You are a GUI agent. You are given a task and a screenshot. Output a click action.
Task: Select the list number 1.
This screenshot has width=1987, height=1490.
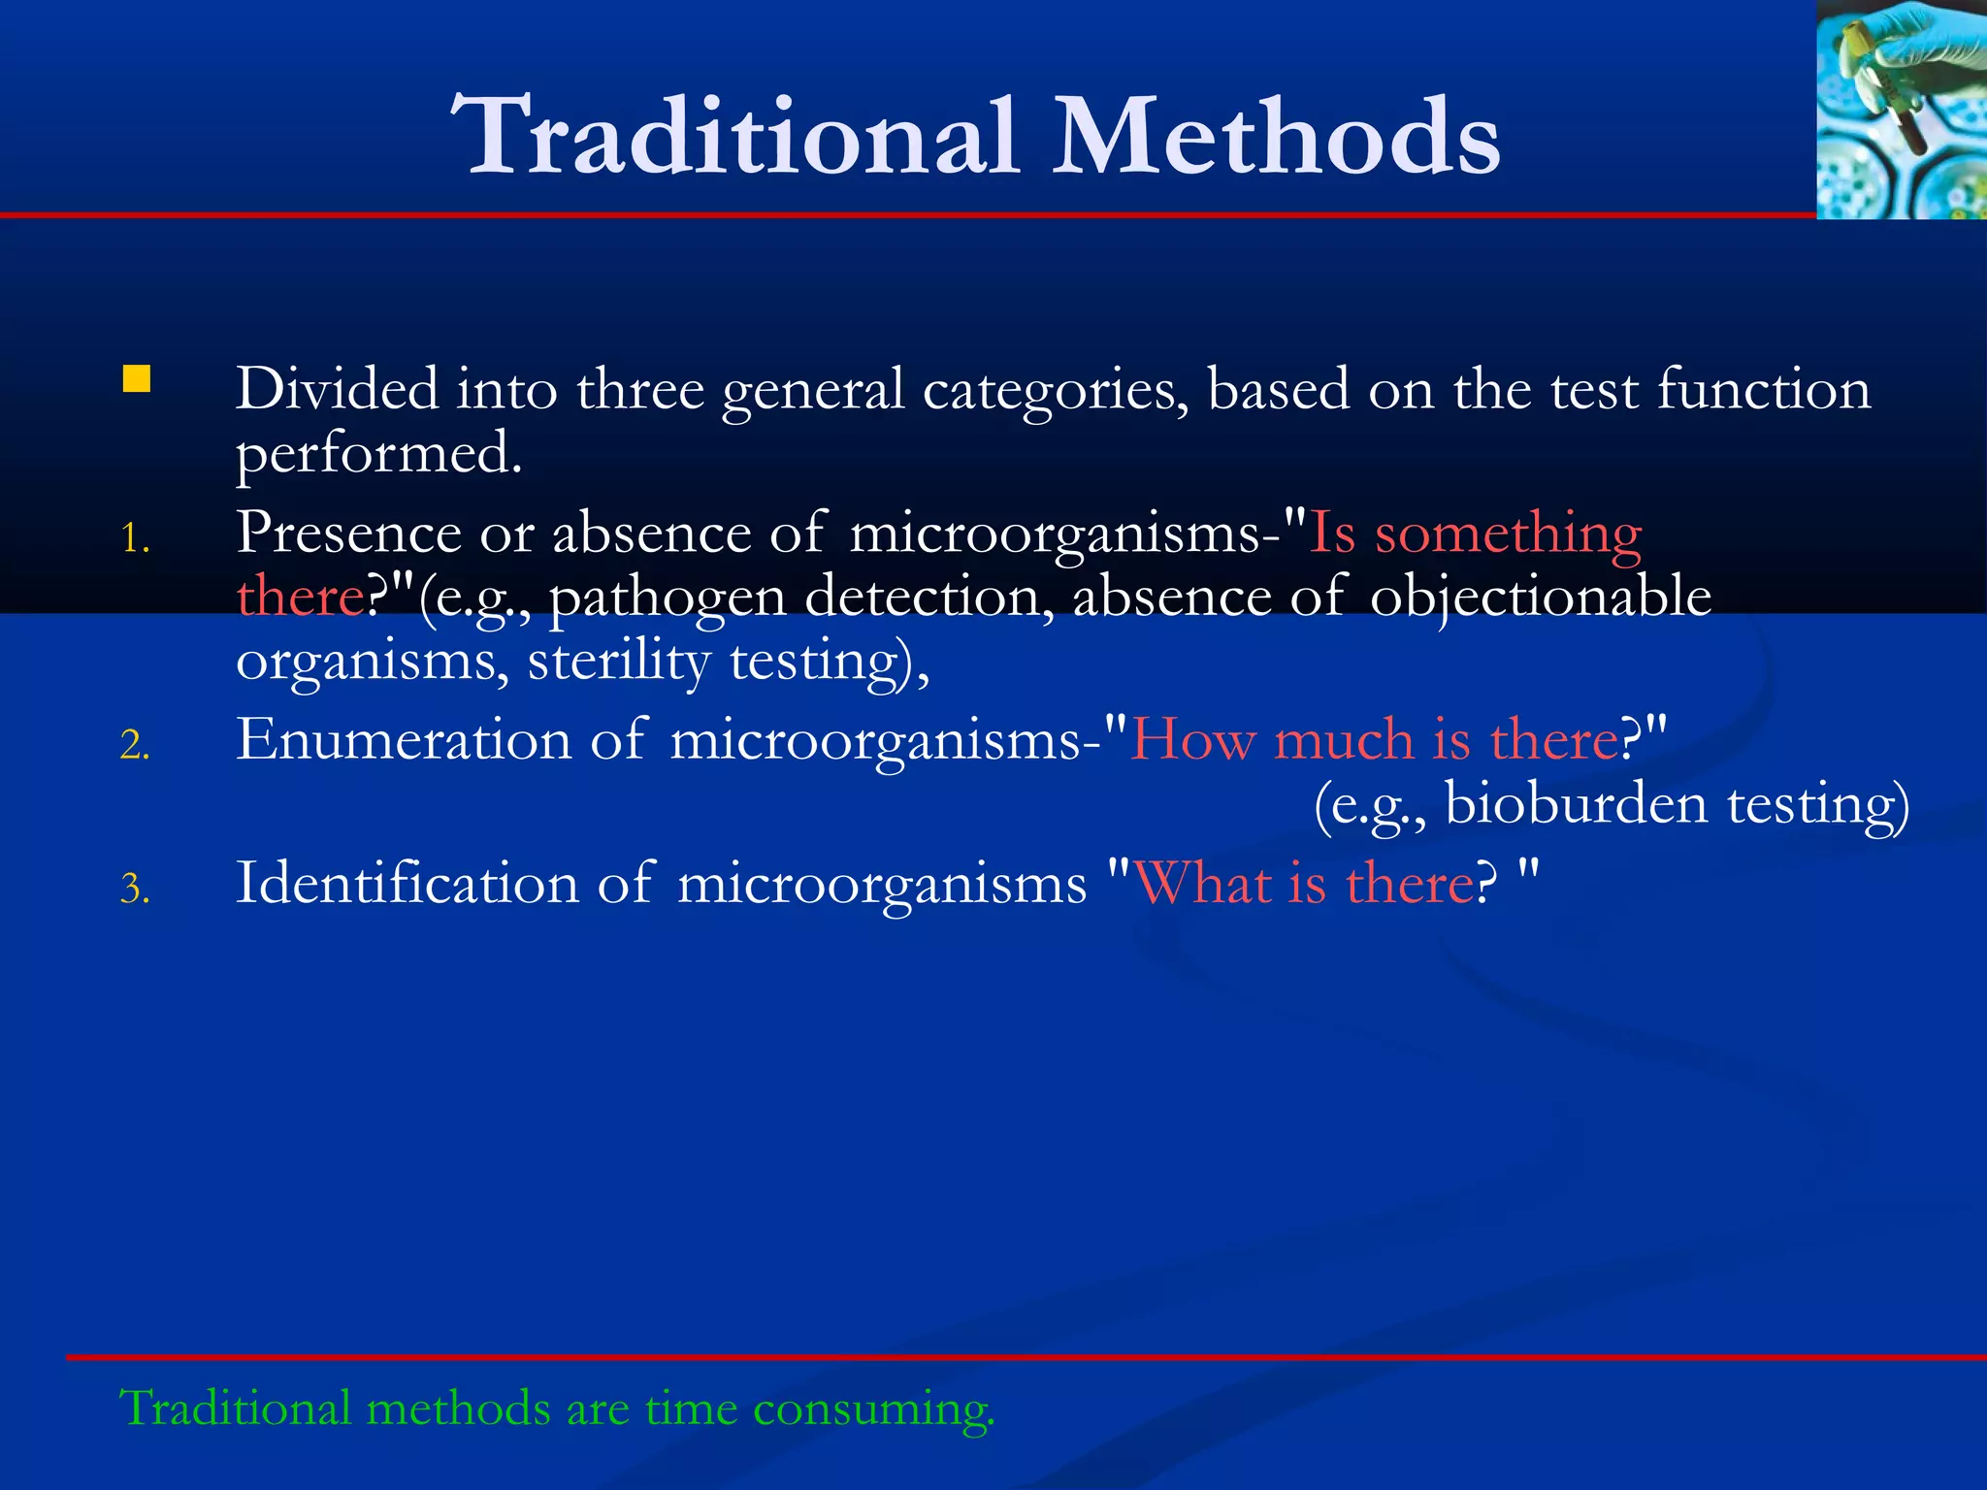coord(135,538)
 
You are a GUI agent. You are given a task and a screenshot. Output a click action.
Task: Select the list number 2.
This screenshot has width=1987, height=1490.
coord(135,745)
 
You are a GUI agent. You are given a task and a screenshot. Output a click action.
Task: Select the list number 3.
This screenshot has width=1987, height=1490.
coord(135,889)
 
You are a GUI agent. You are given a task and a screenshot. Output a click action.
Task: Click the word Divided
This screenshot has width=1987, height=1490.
coord(337,389)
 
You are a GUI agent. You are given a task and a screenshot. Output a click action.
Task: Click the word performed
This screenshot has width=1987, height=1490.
coord(378,454)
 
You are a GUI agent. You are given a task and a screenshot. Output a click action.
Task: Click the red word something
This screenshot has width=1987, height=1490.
coord(1508,534)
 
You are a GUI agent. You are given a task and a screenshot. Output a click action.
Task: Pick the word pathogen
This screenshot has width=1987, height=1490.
coord(668,598)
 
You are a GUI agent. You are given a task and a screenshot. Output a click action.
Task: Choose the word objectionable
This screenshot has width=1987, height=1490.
coord(1540,598)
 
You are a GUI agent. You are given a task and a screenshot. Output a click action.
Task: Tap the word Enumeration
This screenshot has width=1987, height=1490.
coord(404,739)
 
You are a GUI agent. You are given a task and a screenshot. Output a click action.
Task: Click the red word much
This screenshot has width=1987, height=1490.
coord(1343,740)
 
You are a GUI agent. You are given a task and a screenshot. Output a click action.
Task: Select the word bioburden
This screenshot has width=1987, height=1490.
coord(1576,804)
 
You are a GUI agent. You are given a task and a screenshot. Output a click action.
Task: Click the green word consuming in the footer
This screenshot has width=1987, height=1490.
coord(873,1409)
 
